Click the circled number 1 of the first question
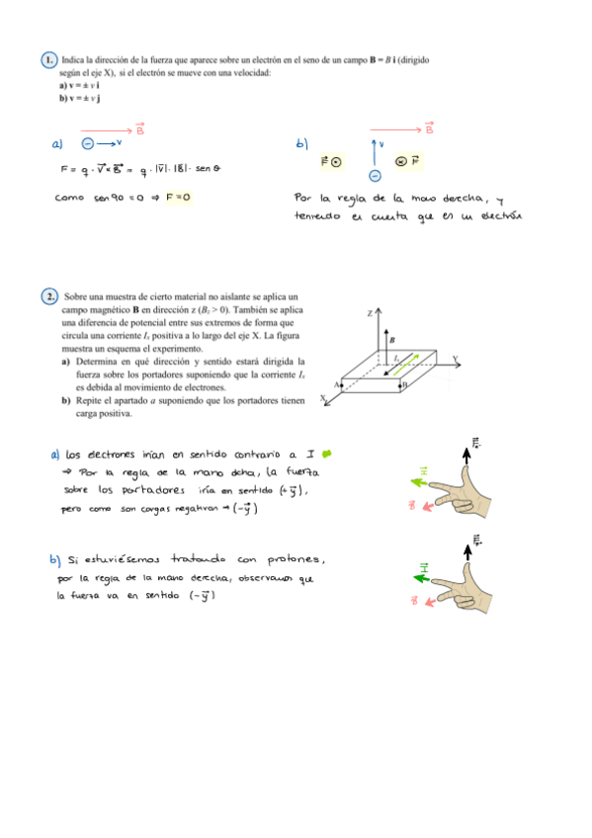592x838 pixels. click(x=49, y=61)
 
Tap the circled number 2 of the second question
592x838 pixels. click(x=50, y=296)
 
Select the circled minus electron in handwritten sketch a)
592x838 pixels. click(x=90, y=143)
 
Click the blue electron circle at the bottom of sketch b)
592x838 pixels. click(x=375, y=176)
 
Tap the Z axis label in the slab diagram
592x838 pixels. click(x=369, y=313)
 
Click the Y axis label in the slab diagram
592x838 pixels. click(x=456, y=358)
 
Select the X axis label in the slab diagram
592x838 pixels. click(x=323, y=398)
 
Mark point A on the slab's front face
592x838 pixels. click(x=338, y=384)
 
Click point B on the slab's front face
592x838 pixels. click(x=403, y=386)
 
